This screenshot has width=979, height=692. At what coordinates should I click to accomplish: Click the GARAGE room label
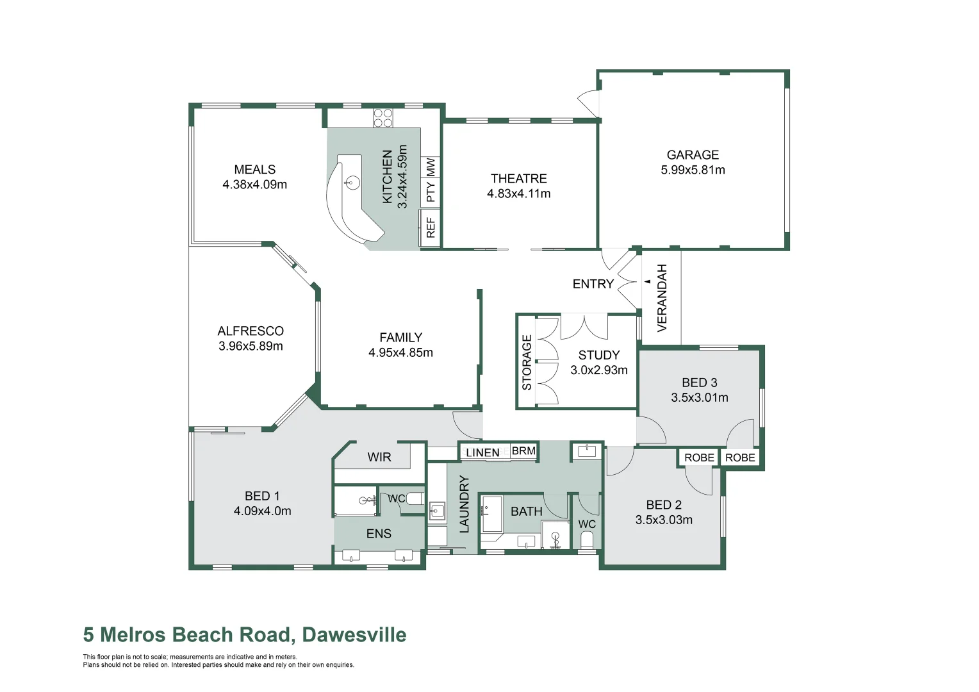point(693,155)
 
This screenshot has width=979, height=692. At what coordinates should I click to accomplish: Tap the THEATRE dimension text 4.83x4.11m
point(518,194)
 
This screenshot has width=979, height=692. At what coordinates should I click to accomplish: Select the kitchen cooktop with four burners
point(383,118)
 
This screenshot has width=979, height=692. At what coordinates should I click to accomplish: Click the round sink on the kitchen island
point(352,183)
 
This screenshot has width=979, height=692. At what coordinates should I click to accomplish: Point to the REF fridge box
point(431,227)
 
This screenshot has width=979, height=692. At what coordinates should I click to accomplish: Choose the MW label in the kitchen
point(431,167)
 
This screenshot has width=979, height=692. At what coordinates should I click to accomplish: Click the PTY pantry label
point(431,192)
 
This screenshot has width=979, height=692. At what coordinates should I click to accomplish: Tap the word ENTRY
point(593,284)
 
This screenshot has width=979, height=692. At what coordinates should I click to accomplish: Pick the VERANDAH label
point(662,298)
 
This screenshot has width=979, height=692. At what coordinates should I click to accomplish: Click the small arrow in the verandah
point(648,281)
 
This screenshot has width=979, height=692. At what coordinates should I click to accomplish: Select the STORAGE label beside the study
point(527,362)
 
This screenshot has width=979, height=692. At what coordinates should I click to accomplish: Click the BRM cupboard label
point(523,451)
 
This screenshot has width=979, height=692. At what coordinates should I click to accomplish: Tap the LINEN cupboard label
point(482,452)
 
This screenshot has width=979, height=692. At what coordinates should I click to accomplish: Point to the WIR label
point(379,457)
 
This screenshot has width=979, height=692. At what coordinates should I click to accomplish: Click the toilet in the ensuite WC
point(415,498)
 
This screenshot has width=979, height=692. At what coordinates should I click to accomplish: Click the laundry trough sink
point(437,511)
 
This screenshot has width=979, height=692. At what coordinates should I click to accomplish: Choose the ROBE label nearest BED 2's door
point(699,457)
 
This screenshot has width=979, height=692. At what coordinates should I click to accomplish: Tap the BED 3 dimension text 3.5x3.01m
point(699,397)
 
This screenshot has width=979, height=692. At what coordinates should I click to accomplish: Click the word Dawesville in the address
point(354,634)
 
